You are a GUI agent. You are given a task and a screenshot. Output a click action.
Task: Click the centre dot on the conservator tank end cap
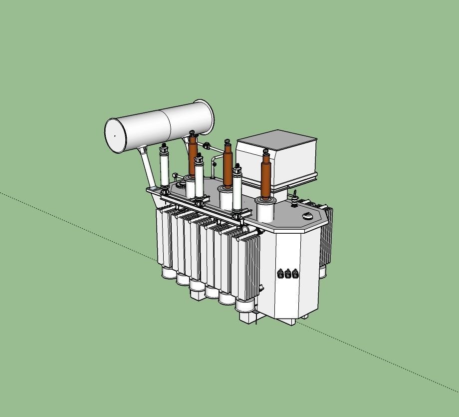115,135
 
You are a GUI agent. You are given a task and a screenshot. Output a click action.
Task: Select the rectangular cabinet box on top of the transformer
276,156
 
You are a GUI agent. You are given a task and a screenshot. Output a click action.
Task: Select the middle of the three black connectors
288,273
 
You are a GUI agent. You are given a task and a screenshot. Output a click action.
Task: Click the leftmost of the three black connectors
281,273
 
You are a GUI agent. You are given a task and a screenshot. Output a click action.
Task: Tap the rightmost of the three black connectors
295,273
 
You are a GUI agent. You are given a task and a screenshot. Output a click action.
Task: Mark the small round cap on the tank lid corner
307,216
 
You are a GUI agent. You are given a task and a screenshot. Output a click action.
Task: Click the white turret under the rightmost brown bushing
265,210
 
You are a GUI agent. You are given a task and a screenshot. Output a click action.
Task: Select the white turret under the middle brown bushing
226,197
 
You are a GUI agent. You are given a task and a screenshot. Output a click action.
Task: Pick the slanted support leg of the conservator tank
149,167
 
